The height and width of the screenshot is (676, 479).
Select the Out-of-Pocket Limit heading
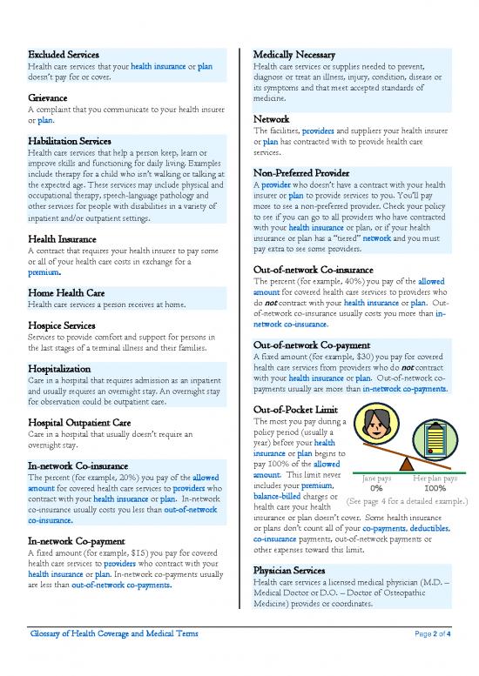pyautogui.click(x=299, y=410)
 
